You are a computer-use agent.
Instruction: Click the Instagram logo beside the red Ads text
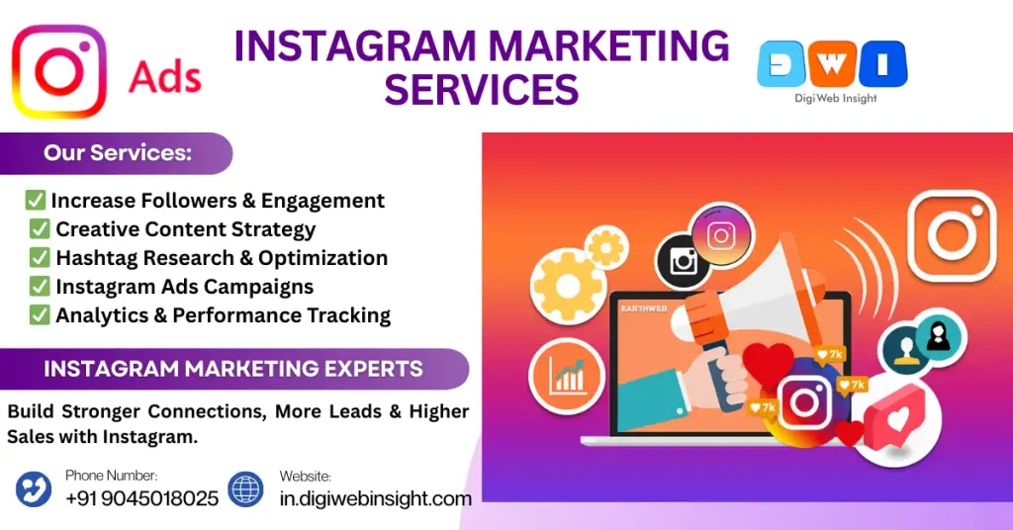pyautogui.click(x=58, y=71)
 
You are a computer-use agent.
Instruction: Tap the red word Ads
pyautogui.click(x=165, y=77)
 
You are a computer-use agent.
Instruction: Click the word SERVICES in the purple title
pyautogui.click(x=482, y=89)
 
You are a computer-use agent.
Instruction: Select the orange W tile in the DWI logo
pyautogui.click(x=832, y=63)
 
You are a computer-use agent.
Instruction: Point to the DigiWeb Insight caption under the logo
pyautogui.click(x=835, y=98)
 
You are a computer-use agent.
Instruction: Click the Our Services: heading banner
pyautogui.click(x=117, y=153)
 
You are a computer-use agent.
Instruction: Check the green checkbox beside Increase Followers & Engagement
pyautogui.click(x=35, y=200)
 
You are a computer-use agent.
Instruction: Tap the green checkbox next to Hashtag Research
pyautogui.click(x=40, y=257)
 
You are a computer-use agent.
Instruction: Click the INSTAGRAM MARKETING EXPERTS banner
pyautogui.click(x=233, y=369)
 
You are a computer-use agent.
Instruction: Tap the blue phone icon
pyautogui.click(x=34, y=488)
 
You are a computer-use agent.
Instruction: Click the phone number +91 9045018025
pyautogui.click(x=142, y=498)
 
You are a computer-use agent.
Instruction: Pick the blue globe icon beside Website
pyautogui.click(x=245, y=488)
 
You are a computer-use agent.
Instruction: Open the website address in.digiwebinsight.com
pyautogui.click(x=375, y=498)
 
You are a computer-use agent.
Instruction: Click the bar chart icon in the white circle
pyautogui.click(x=567, y=376)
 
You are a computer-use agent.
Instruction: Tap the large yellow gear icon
pyautogui.click(x=568, y=287)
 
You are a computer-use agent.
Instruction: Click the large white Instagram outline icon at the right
pyautogui.click(x=953, y=235)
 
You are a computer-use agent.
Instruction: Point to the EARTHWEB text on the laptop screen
pyautogui.click(x=643, y=309)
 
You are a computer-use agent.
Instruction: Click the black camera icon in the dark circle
pyautogui.click(x=683, y=261)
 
